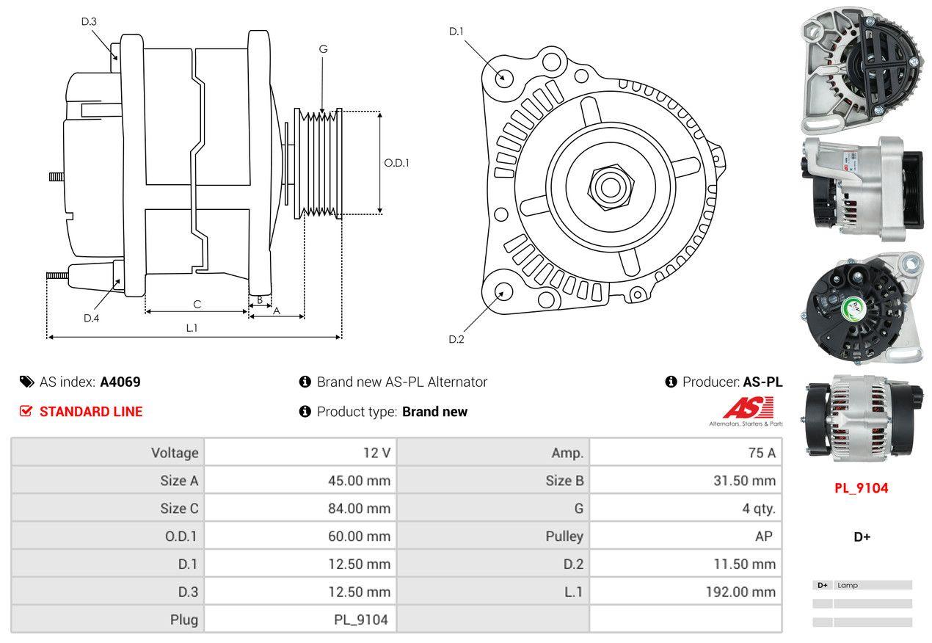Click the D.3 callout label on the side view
[89, 21]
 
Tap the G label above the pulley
[323, 49]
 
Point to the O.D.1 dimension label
[396, 163]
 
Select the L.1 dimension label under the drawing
[192, 328]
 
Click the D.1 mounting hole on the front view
[503, 76]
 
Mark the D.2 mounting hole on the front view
[503, 291]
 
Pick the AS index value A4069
[120, 382]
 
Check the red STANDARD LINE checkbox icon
[26, 411]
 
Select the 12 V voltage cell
[376, 453]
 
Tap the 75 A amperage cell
[762, 453]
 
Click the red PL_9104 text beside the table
[862, 488]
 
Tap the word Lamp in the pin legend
[847, 586]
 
